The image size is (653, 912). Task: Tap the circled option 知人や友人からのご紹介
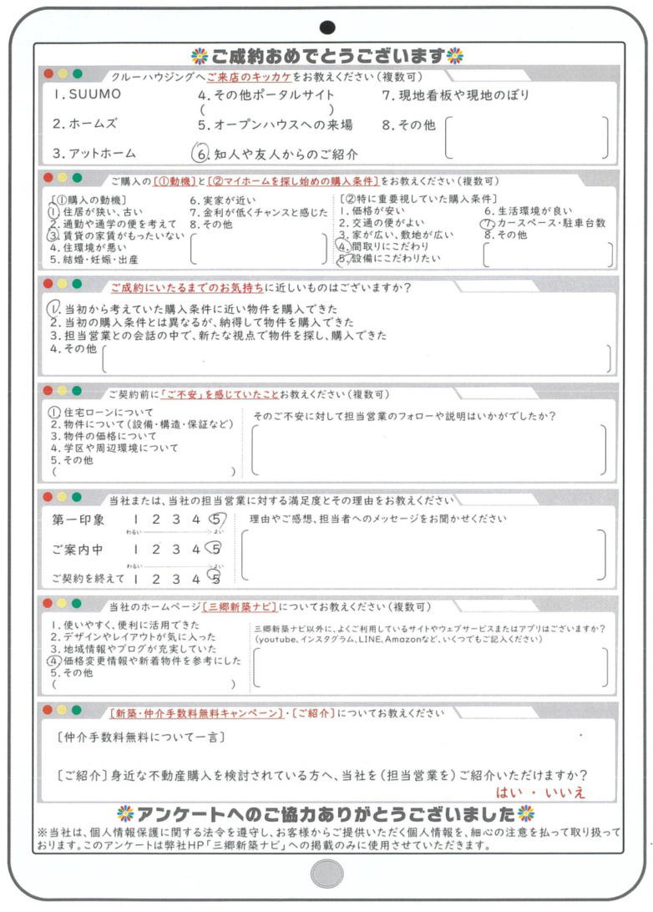pos(275,154)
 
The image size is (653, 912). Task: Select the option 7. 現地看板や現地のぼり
pos(455,95)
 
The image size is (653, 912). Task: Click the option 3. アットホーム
pos(94,154)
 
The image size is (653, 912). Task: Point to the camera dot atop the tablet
pos(327,28)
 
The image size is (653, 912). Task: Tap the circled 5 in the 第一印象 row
pos(215,520)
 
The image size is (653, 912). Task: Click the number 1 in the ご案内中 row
pos(134,550)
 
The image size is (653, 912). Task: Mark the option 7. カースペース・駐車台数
pos(542,224)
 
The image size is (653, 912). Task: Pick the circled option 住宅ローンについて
pos(100,412)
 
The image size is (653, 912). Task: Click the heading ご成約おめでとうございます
pos(327,57)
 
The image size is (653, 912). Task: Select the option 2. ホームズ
pos(84,124)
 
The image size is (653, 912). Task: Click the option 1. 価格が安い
pos(372,212)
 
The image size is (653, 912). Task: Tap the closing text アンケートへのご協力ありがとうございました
pos(326,814)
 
